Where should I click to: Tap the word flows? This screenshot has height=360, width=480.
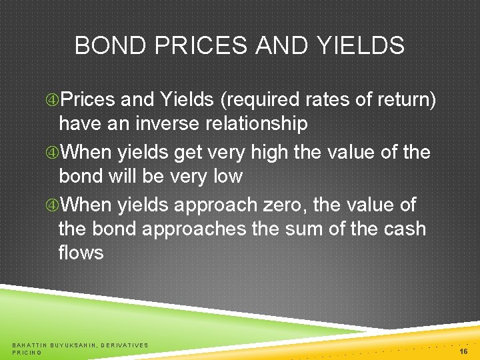click(81, 253)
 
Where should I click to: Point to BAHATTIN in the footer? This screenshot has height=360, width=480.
click(29, 345)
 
